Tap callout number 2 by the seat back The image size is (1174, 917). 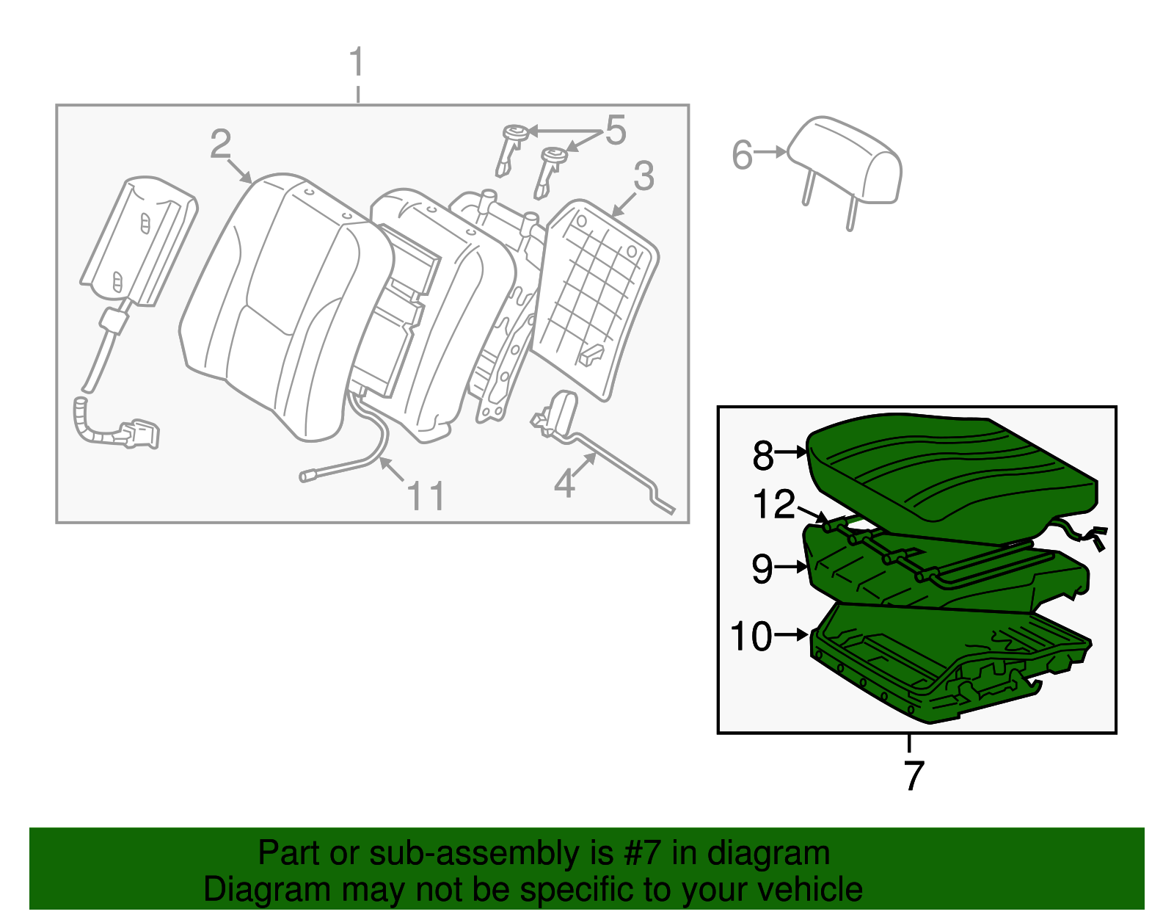(220, 144)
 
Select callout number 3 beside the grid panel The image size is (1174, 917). (643, 176)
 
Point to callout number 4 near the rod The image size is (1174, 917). (564, 483)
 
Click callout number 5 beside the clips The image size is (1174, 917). (615, 131)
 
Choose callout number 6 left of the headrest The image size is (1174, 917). (742, 155)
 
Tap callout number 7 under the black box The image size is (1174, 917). (913, 775)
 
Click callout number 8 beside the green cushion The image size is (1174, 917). (763, 455)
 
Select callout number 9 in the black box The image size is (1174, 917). (762, 568)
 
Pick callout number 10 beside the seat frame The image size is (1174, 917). (751, 636)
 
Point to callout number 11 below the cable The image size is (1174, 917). (426, 496)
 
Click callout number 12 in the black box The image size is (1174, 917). (774, 505)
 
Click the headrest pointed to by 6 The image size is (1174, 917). (847, 162)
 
